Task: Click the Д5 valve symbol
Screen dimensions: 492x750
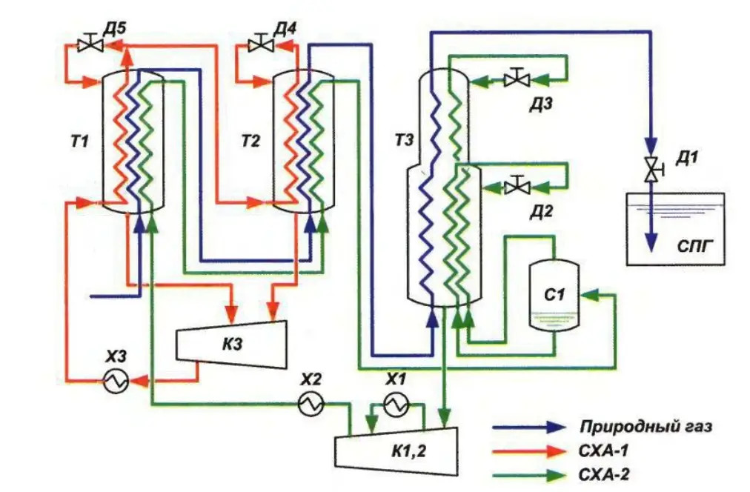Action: point(90,44)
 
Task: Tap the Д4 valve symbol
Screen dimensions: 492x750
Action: point(260,44)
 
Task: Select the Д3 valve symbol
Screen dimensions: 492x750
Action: point(515,78)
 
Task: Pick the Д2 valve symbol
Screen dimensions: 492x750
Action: point(515,186)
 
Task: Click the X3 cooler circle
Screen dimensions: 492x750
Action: point(116,382)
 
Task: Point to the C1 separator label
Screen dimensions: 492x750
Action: point(555,294)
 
